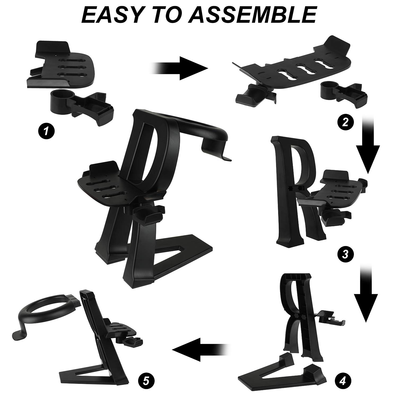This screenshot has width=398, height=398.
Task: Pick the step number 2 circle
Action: pos(345,123)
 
